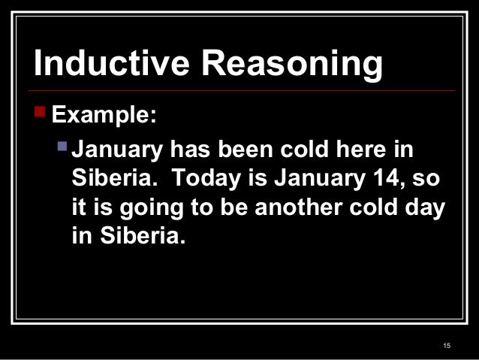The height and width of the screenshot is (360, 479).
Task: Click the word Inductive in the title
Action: pyautogui.click(x=101, y=65)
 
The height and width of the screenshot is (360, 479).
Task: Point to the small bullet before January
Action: pyautogui.click(x=63, y=147)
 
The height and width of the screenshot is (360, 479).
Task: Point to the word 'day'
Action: pyautogui.click(x=426, y=213)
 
